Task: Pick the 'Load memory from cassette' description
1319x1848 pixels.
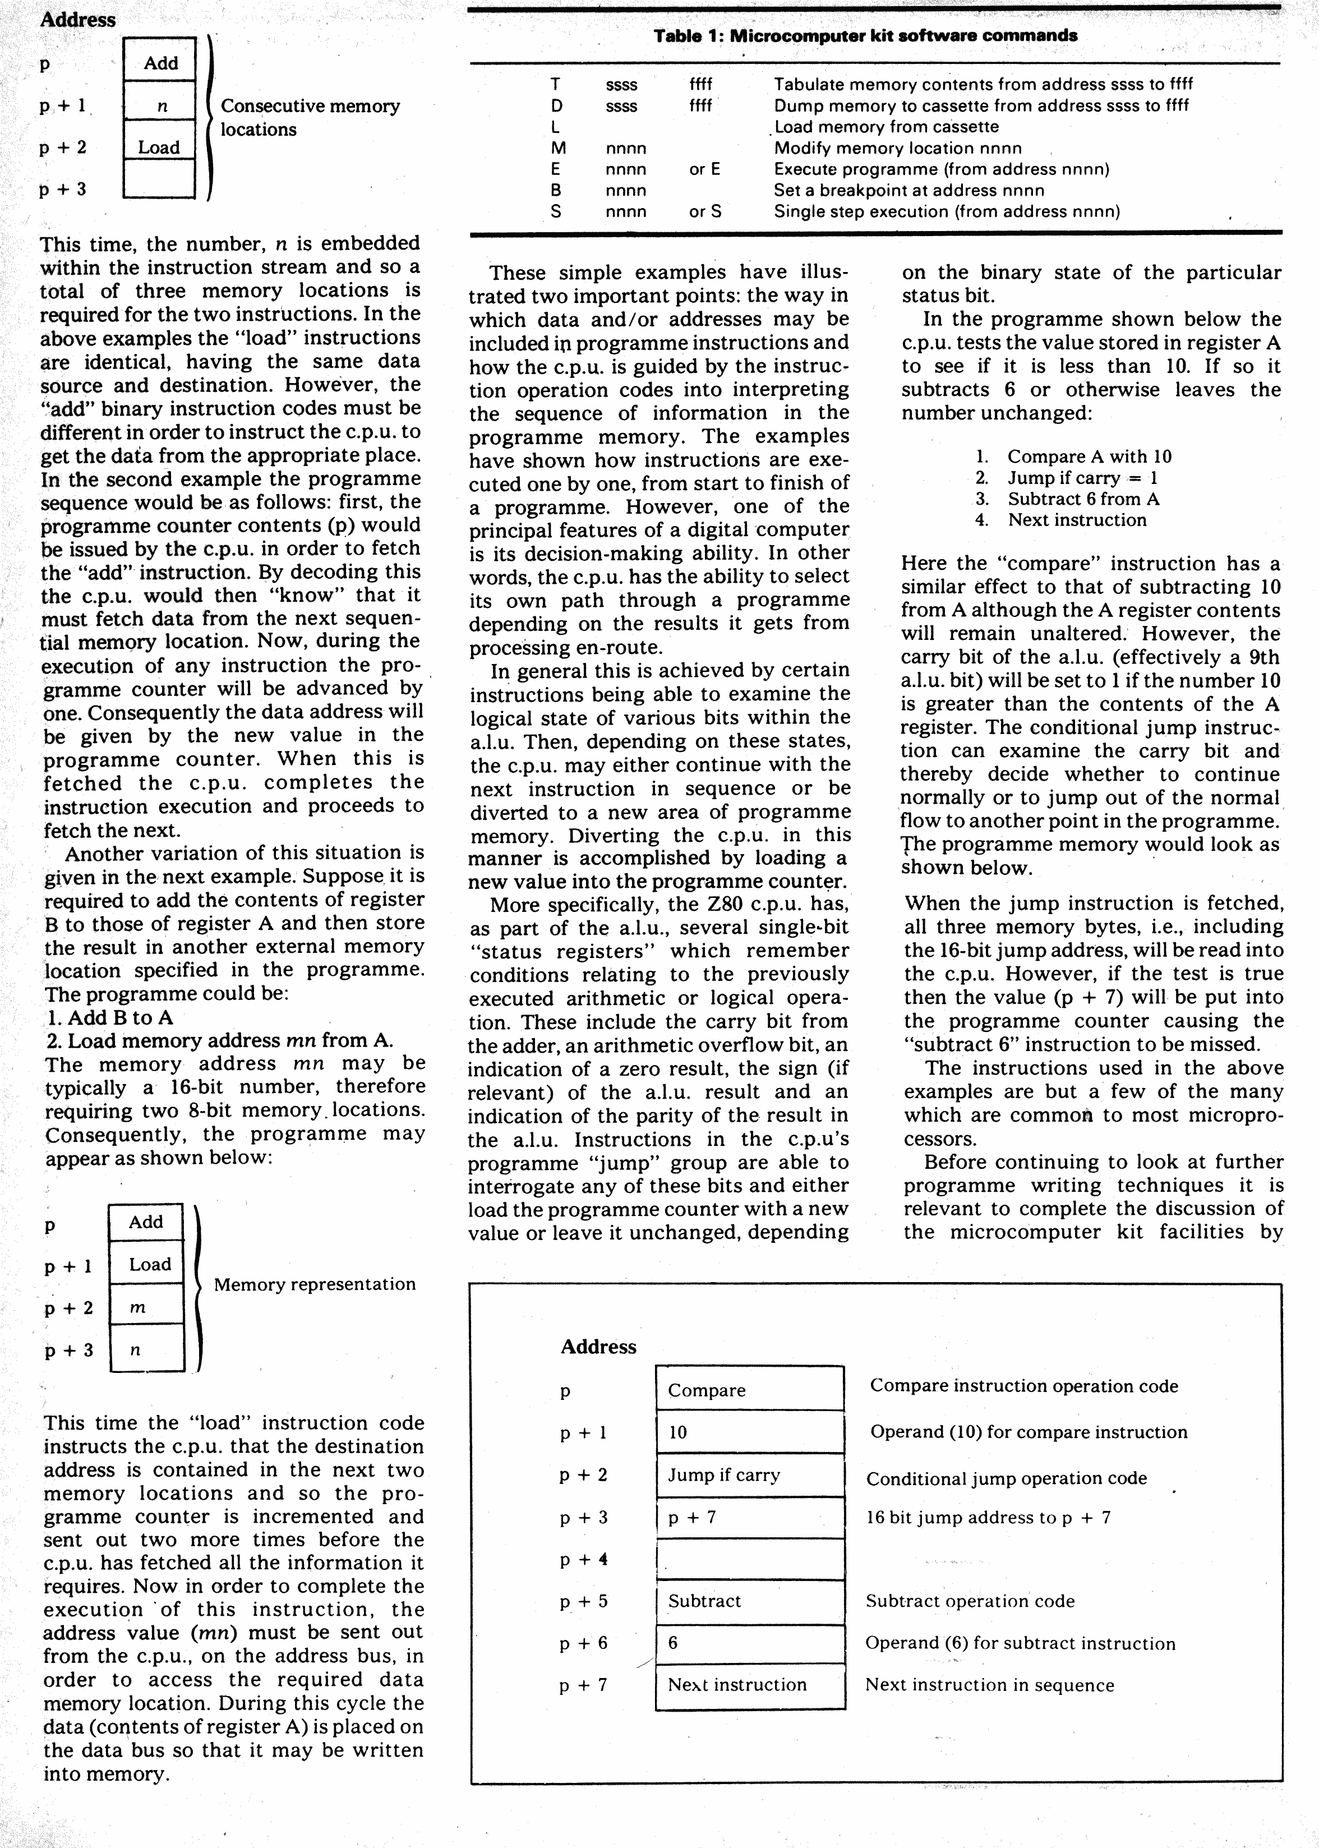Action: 886,127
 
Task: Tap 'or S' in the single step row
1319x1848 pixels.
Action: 705,212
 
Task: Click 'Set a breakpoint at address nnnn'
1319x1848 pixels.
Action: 909,190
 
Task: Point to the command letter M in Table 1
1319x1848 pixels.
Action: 558,148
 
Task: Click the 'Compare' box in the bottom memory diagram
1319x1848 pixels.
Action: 749,1390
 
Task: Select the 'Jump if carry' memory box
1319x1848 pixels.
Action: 749,1474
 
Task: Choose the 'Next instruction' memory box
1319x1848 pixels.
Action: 749,1685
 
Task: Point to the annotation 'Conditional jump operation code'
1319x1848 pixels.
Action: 1006,1478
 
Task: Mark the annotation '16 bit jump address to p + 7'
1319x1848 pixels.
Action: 988,1517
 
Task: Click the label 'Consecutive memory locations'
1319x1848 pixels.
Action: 310,118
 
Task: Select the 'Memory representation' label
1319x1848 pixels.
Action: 314,1284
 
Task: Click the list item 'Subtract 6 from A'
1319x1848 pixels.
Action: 1083,499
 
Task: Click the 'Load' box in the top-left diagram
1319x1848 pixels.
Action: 159,147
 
